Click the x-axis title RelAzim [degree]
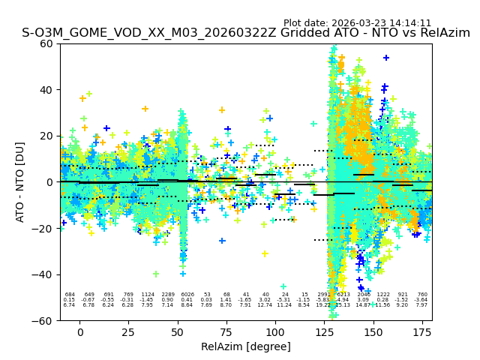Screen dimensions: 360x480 245,347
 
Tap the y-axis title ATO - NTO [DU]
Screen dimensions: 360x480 20,181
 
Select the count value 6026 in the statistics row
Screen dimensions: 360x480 187,295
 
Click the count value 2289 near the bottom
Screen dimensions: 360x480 167,295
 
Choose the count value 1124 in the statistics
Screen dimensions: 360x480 148,295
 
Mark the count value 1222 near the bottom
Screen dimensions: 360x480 383,295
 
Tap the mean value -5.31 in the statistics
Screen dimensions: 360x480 284,300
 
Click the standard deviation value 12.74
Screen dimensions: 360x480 265,305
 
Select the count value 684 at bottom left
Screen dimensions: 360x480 70,295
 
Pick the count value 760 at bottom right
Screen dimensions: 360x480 422,295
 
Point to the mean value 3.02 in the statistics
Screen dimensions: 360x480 265,300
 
